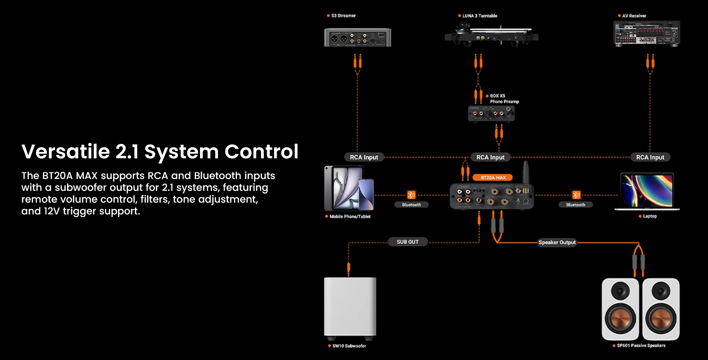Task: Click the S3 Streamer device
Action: coord(357,37)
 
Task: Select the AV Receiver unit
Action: coord(646,33)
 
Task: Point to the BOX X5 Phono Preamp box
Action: coord(491,113)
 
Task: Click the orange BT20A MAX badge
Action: coord(493,177)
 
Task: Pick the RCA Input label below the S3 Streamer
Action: coord(364,157)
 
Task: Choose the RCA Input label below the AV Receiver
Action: coord(650,157)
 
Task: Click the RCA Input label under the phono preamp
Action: coord(490,157)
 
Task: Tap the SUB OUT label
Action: coord(407,242)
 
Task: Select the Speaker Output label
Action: coord(557,242)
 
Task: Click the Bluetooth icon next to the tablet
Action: coord(411,195)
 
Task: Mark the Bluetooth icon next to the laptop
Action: coord(576,195)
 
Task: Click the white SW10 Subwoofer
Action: coord(350,307)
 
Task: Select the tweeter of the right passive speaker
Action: coord(661,291)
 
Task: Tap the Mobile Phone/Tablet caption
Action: coord(350,216)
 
